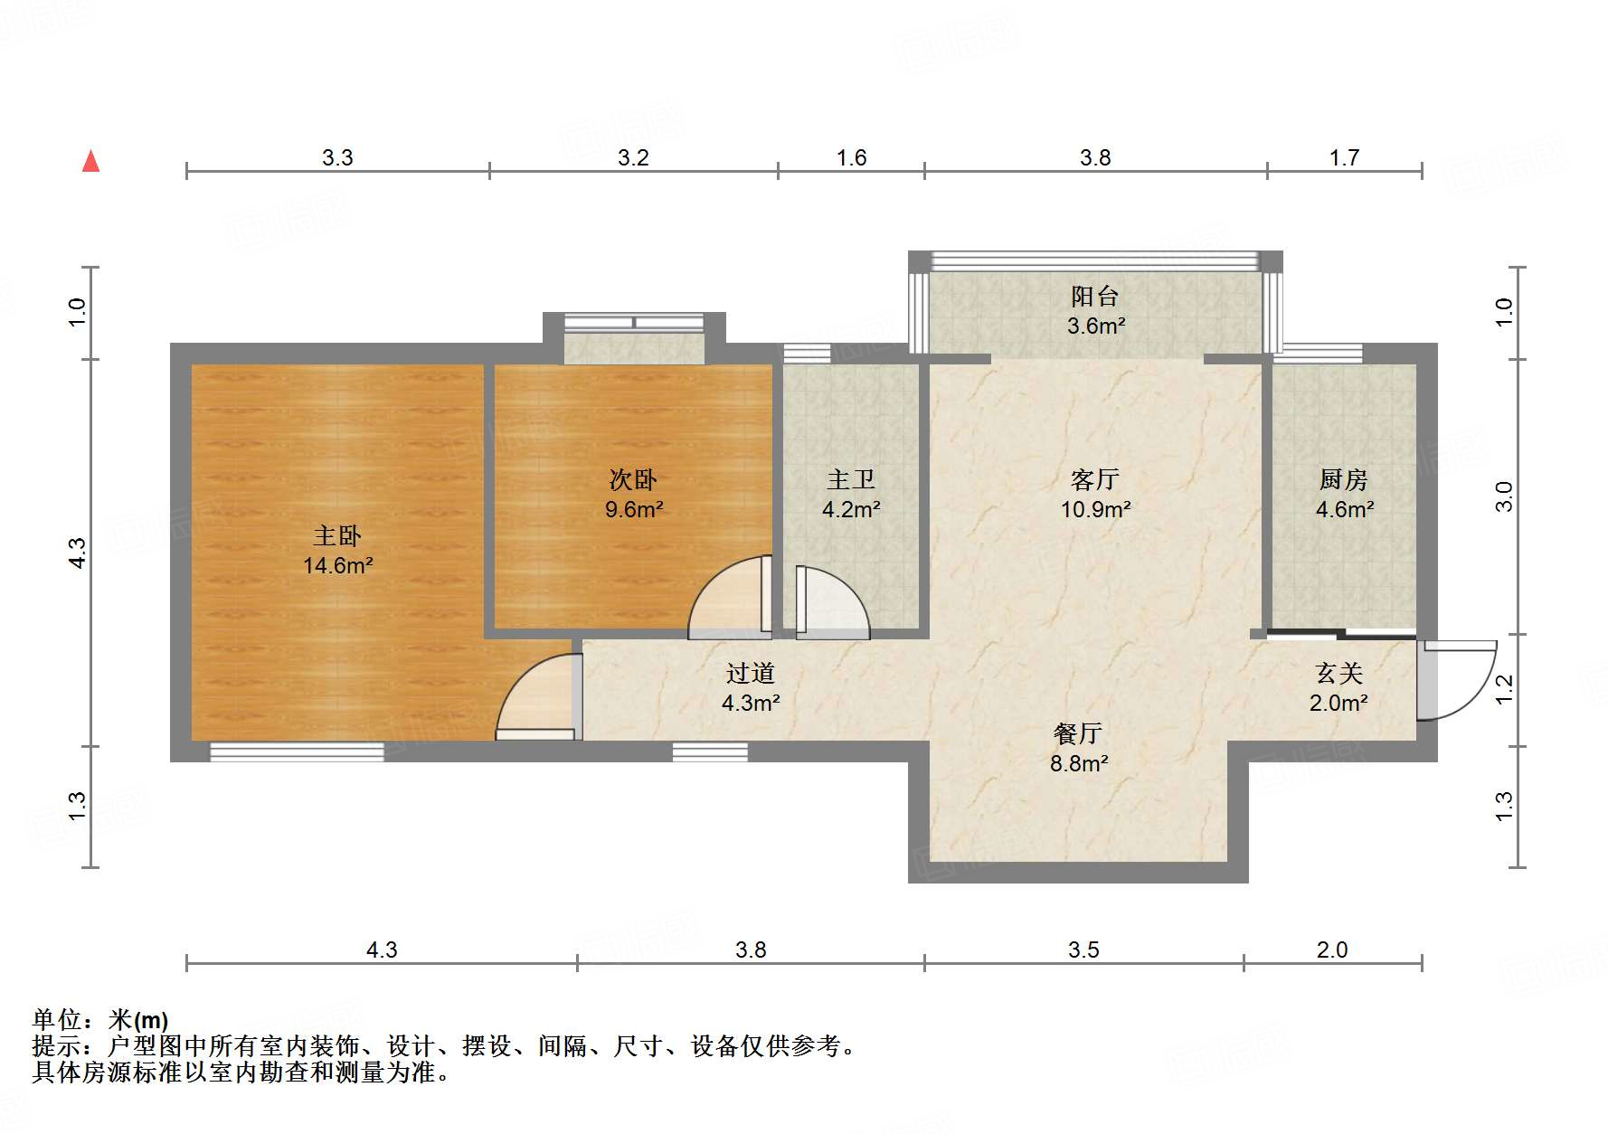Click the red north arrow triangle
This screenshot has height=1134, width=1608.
coord(90,161)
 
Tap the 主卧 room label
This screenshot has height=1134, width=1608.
coord(337,536)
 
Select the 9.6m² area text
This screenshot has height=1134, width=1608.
coord(634,509)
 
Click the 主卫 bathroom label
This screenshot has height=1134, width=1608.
coord(851,479)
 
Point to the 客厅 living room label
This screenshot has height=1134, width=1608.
coord(1095,479)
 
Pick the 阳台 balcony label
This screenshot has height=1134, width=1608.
coord(1095,296)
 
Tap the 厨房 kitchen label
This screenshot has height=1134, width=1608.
coord(1344,479)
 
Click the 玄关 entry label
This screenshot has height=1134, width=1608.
coord(1339,673)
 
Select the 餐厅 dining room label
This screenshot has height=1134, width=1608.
coord(1078,733)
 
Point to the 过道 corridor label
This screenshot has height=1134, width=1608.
coord(751,673)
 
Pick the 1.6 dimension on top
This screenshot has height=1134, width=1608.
coord(851,158)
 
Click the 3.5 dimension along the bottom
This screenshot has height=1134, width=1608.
coord(1083,950)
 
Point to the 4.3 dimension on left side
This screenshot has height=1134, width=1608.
coord(78,553)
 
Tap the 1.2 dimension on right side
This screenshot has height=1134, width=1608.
coord(1504,690)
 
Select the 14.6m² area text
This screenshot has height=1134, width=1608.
coord(337,566)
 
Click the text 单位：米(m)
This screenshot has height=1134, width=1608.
coord(100,1020)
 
